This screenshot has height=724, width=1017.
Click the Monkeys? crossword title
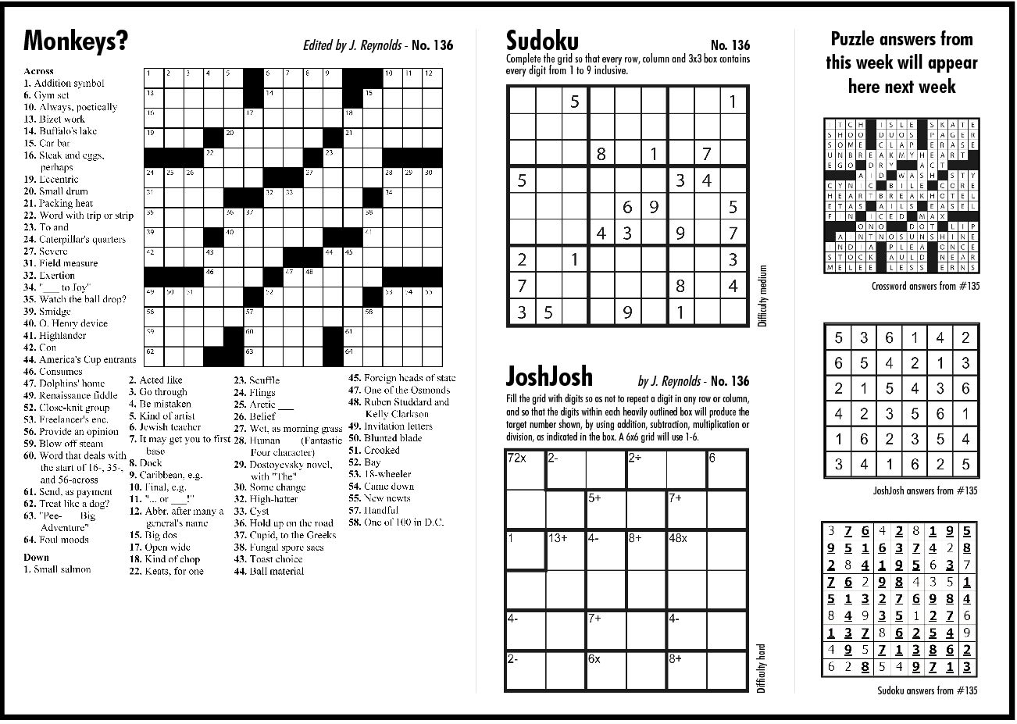point(76,40)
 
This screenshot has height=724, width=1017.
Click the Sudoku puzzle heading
point(541,41)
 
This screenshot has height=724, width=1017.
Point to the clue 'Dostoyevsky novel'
point(282,465)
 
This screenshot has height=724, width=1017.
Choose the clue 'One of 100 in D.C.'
point(396,522)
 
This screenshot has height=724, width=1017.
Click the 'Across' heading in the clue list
point(39,71)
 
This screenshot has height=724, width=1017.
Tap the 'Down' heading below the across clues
point(36,557)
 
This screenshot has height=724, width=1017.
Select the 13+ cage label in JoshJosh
point(558,538)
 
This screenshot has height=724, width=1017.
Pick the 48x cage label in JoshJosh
point(678,538)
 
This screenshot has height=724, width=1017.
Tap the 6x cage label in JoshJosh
point(594,658)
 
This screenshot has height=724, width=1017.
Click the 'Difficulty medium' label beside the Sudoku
point(762,296)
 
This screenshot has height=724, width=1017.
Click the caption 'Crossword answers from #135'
point(926,287)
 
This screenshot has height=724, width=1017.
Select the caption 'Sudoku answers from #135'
point(926,690)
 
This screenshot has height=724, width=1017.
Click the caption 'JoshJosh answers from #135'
point(925,490)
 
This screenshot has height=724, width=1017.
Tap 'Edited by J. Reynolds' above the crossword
point(352,45)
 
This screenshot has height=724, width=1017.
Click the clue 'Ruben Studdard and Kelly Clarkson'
point(399,408)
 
